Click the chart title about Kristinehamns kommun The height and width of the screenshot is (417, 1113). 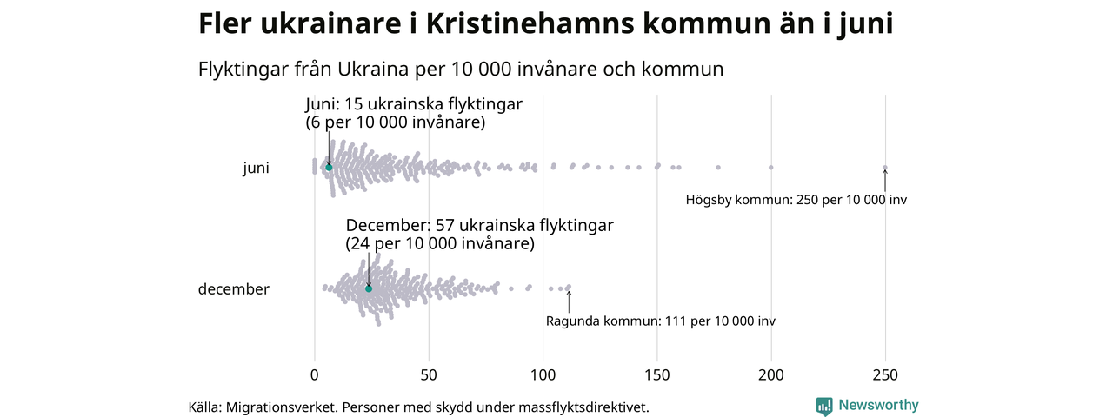pos(545,24)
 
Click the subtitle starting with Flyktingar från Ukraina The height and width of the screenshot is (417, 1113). pos(461,69)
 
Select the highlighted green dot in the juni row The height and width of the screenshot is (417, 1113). pos(329,167)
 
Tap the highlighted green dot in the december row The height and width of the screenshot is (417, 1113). pos(369,288)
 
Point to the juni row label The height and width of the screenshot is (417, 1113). pos(256,169)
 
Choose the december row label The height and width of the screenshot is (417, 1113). pos(234,289)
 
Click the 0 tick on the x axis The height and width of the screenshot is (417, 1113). pos(315,375)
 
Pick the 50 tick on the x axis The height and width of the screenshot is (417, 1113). pos(429,375)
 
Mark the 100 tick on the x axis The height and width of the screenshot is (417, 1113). pos(543,375)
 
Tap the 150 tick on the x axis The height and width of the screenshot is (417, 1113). pos(657,375)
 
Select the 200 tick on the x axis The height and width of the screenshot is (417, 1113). pos(771,375)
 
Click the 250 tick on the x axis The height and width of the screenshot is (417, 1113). pos(885,375)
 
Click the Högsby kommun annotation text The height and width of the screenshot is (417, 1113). pos(796,200)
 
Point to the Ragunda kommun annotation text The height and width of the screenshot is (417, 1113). pos(660,321)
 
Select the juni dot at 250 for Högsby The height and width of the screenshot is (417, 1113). pos(885,168)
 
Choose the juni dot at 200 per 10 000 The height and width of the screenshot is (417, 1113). pos(771,167)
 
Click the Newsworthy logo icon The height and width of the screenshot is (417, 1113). pos(824,406)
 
